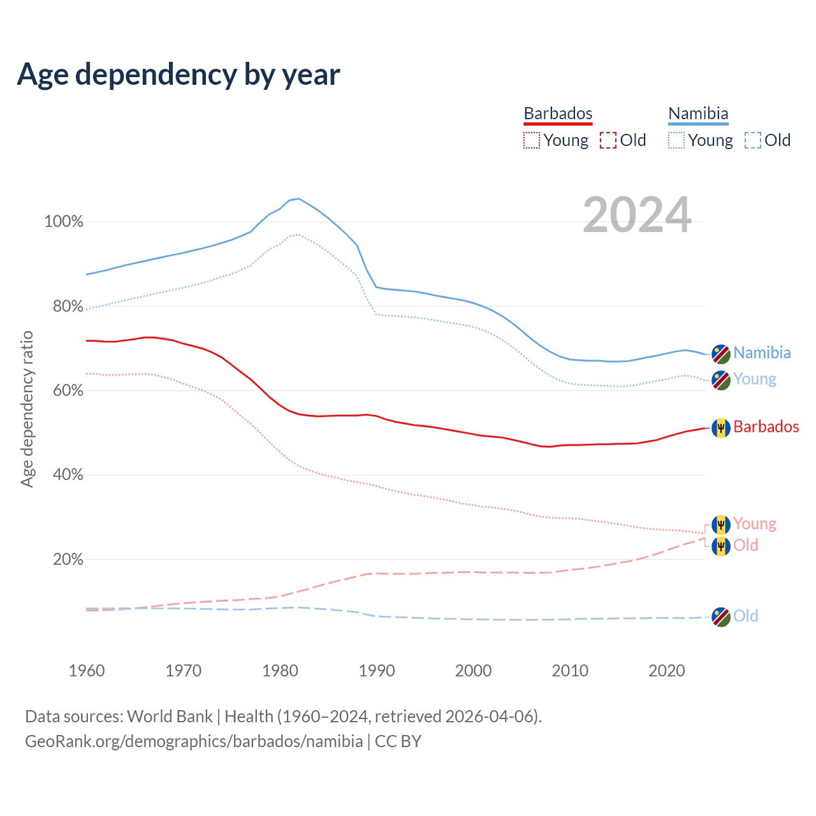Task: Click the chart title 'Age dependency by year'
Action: (178, 75)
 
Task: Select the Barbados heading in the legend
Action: (558, 113)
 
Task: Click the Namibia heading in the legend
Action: (698, 113)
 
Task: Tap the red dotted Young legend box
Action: (532, 140)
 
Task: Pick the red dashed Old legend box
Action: (608, 140)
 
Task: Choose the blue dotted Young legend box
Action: (676, 140)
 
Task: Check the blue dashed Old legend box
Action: (753, 140)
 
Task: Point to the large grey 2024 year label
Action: (637, 215)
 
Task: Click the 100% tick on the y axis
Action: (64, 222)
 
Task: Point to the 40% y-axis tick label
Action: (68, 475)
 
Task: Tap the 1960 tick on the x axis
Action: (87, 671)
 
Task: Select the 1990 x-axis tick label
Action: (377, 671)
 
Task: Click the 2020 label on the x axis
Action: (667, 671)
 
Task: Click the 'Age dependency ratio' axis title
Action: (27, 409)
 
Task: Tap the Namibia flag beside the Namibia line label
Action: (721, 353)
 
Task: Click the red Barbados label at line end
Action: (766, 427)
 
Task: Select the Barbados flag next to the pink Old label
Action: (721, 546)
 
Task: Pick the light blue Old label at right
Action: (745, 616)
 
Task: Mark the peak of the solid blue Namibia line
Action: (298, 198)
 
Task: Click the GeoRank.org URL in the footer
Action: (194, 741)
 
